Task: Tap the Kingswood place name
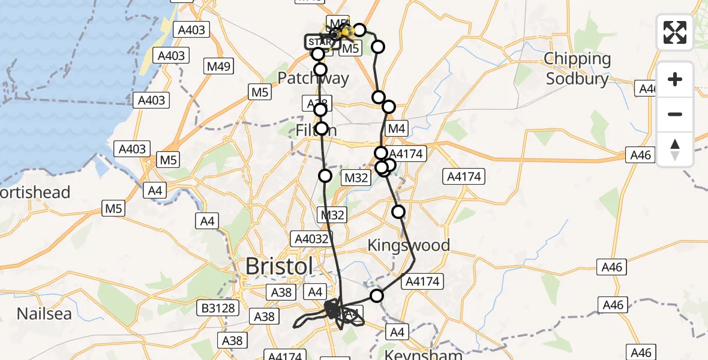pos(409,245)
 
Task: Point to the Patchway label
pos(313,79)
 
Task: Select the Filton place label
pos(316,130)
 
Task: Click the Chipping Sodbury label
pos(577,69)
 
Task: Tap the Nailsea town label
pos(44,313)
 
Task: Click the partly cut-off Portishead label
pos(35,193)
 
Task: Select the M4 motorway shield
pos(397,128)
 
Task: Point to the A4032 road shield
pos(311,238)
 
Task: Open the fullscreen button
pos(675,32)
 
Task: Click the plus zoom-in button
pos(675,79)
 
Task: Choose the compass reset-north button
pos(675,149)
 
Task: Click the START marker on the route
pos(322,42)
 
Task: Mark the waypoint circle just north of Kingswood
pos(398,211)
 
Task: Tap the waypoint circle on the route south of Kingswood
pos(376,295)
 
